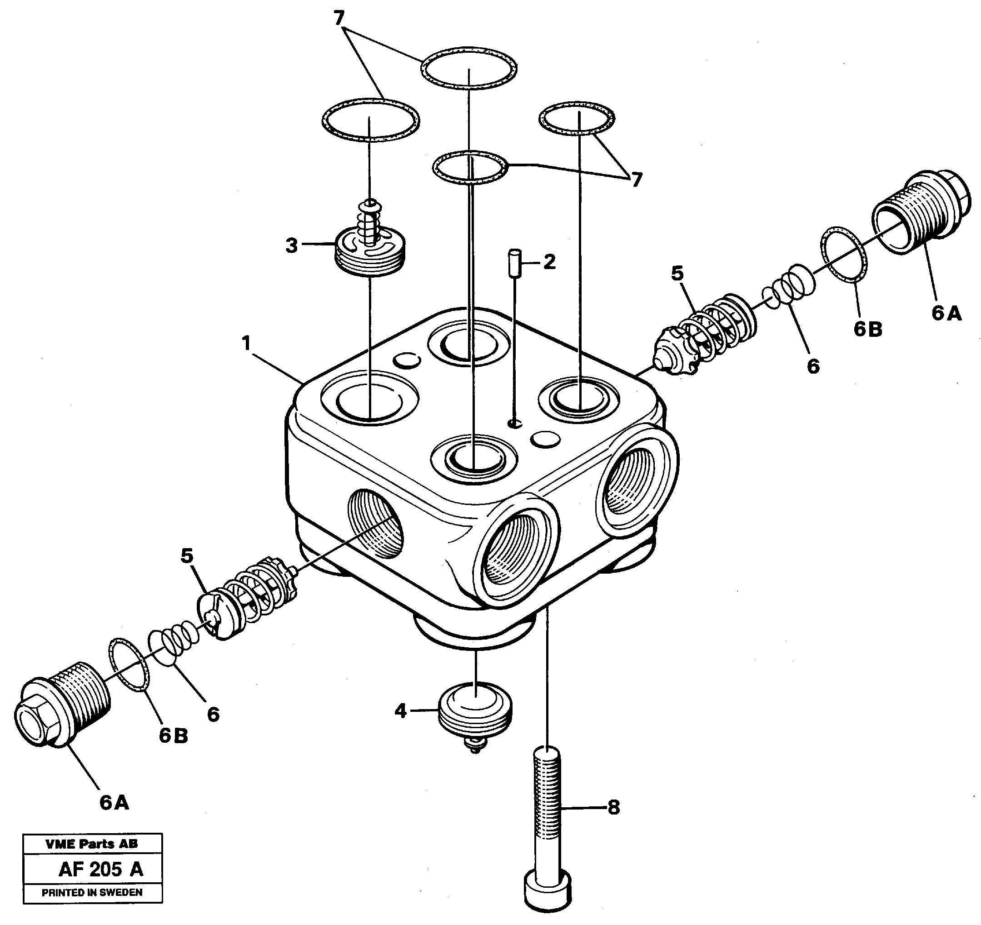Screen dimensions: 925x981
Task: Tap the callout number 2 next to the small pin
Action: (549, 262)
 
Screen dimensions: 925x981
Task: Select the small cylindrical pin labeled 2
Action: (515, 264)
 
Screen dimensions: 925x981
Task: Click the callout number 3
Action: (292, 245)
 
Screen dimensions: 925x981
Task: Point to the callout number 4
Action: (400, 711)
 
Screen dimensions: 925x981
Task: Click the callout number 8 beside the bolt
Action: (613, 808)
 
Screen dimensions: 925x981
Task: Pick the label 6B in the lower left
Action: (173, 736)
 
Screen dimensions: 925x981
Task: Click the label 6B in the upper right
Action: (868, 329)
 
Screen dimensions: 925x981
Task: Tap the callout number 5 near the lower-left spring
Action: (187, 556)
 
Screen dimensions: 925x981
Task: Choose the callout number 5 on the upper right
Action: (677, 273)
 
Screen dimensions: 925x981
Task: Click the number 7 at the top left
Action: (339, 19)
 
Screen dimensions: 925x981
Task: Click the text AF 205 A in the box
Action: (101, 869)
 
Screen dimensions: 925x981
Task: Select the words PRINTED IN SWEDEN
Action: (92, 892)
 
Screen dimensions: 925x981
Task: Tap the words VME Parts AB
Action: (92, 844)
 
